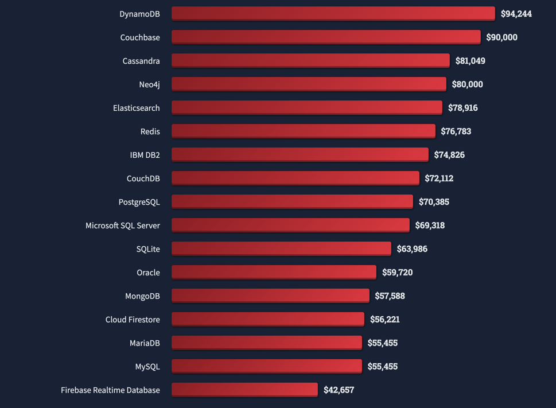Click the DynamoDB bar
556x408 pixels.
(x=333, y=13)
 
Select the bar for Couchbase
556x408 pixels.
(x=326, y=37)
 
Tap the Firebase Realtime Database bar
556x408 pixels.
(x=244, y=390)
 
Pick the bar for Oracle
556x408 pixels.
(x=274, y=272)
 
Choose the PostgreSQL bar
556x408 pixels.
(x=292, y=201)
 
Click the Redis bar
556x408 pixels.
(x=303, y=131)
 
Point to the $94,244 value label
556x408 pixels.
(x=516, y=14)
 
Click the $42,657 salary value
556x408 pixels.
(x=339, y=390)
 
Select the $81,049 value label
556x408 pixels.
(x=470, y=61)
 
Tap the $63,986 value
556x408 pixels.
(x=412, y=249)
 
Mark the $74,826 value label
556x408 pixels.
(x=449, y=155)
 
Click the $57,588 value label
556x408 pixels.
(x=390, y=296)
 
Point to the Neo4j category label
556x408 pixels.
(x=149, y=84)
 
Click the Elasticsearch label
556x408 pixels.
(x=137, y=108)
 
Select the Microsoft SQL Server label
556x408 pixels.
(x=123, y=226)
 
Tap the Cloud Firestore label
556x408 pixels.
(x=133, y=320)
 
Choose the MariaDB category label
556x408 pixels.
(x=145, y=343)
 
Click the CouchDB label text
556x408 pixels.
(x=143, y=178)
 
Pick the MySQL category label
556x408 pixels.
(x=147, y=367)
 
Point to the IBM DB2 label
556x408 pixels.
(x=145, y=155)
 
